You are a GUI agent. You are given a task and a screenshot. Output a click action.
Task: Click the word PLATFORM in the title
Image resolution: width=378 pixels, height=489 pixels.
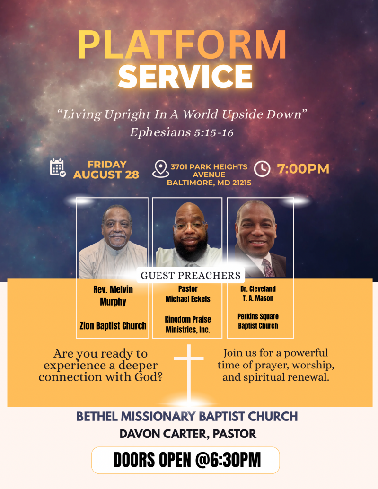point(182,44)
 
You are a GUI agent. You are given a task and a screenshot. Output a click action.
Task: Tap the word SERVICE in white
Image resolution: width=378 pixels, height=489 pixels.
point(185,77)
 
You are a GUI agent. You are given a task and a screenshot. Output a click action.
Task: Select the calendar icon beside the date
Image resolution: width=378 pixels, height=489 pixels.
point(58,167)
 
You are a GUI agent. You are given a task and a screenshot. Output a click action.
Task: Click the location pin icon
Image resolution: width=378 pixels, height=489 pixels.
point(161,169)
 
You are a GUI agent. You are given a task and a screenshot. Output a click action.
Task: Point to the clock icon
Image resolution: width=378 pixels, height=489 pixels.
point(262,169)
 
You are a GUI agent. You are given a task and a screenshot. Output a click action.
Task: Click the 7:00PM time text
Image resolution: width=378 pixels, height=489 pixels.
point(303,169)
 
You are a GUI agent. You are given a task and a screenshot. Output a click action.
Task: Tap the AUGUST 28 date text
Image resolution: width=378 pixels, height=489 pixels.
point(106,175)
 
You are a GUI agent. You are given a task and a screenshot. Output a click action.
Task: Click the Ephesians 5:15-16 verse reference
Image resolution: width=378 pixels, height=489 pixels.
point(182,132)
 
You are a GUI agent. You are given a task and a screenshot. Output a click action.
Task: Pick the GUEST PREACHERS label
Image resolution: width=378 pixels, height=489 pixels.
point(191,275)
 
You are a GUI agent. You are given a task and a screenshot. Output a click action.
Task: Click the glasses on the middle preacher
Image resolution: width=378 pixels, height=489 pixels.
point(190,225)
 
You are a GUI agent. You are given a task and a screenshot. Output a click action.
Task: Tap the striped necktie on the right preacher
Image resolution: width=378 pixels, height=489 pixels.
point(268,268)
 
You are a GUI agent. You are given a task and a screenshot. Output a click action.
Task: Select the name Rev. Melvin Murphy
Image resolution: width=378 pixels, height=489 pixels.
point(113,296)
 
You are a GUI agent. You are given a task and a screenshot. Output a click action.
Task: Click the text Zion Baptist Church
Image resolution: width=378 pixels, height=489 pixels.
point(113,325)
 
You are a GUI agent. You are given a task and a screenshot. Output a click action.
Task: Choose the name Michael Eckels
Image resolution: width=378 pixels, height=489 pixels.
point(188,299)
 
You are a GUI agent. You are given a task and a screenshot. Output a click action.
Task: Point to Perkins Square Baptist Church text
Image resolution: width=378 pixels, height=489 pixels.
point(258,321)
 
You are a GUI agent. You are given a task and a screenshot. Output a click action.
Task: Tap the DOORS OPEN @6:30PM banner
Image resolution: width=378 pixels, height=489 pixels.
point(185,460)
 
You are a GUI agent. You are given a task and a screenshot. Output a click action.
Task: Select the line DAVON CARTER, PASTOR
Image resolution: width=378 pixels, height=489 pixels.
point(188,434)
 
